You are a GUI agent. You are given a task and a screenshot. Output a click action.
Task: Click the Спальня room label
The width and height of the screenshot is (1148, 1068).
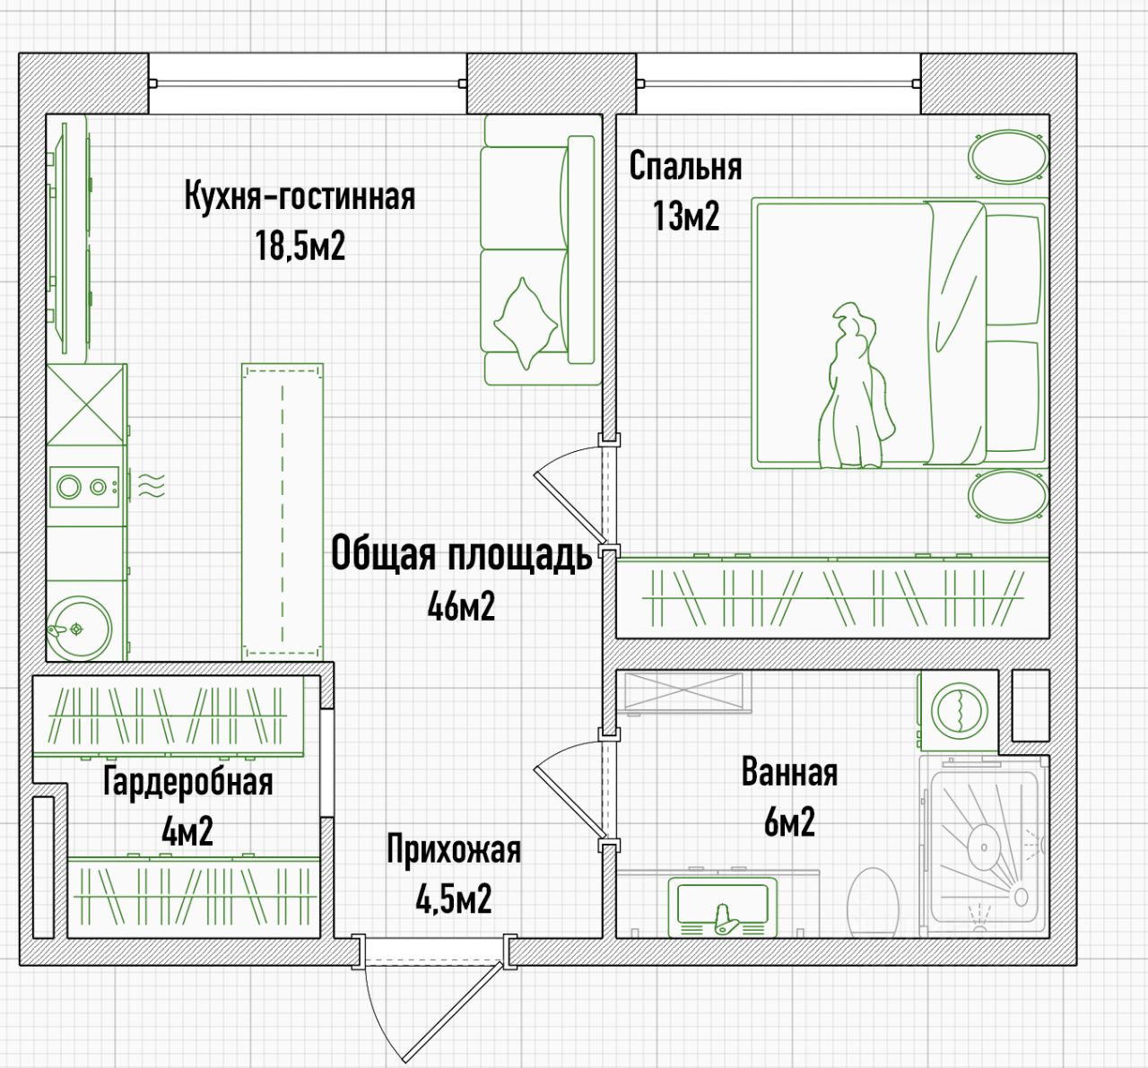685,167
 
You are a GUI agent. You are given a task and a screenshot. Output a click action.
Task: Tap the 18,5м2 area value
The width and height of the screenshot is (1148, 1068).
300,246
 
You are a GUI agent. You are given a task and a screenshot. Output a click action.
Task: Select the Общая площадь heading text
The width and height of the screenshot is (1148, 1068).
461,554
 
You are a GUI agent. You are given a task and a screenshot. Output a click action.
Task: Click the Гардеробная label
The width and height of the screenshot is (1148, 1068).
187,782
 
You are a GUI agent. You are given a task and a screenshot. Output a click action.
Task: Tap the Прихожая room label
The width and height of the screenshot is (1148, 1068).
454,850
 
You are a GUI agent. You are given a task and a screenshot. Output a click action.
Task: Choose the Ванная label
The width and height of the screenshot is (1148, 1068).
789,772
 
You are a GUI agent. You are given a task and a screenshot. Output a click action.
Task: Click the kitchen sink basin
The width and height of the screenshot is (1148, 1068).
79,629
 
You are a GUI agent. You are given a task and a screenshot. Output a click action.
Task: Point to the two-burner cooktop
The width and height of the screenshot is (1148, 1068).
84,487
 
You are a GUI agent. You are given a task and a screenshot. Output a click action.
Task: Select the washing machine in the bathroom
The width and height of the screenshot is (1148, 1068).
960,710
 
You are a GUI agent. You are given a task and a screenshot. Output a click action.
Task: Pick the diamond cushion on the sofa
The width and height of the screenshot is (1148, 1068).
526,323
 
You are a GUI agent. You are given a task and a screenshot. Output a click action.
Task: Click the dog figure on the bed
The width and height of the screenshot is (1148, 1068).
857,386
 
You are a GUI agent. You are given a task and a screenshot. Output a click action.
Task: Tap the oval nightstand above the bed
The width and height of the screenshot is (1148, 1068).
1009,155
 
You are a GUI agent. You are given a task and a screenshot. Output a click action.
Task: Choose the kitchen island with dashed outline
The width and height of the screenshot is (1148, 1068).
283,512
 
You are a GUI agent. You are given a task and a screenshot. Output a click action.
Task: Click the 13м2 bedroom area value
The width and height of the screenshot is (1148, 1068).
686,216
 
